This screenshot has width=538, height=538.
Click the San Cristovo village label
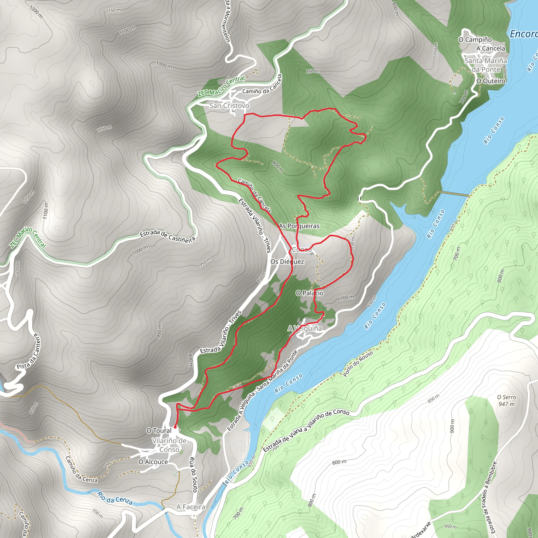tap(229, 106)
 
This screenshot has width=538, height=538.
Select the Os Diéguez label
tap(287, 262)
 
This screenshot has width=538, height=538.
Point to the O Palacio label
tap(309, 293)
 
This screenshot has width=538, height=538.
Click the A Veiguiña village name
tap(305, 329)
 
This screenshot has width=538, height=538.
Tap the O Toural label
tap(159, 431)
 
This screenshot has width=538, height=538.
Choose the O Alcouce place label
tap(153, 462)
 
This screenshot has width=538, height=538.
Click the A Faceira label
tap(191, 507)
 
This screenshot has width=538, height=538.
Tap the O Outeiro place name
tap(491, 81)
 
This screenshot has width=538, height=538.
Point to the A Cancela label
tap(490, 48)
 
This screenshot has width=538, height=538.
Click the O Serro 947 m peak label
tap(506, 400)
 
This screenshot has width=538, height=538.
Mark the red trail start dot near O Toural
tap(175, 427)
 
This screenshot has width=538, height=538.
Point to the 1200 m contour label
tap(36, 12)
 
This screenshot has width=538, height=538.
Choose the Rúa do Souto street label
tap(193, 474)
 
